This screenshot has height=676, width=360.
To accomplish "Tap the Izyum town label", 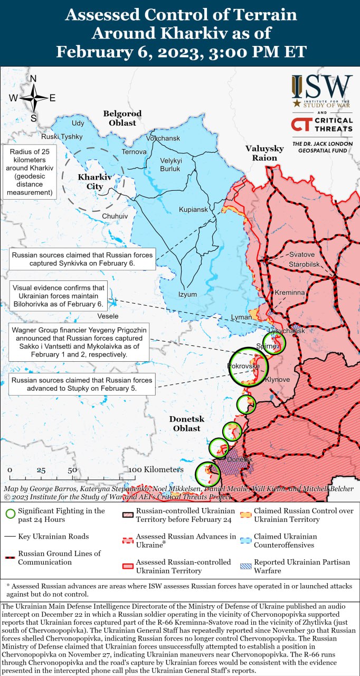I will pos(187,294).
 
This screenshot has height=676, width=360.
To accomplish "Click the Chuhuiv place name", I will pos(115,216).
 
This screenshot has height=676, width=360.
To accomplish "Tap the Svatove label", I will pos(301,255).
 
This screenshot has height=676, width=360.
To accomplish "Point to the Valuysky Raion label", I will pos(264,153).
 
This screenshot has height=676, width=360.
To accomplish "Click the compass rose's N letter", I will pos(33,79).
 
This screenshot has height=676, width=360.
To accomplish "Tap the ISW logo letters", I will pos(322,85).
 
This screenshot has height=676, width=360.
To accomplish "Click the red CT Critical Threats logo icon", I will pos(300,125).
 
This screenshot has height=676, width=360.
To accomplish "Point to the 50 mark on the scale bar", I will pos(72,470).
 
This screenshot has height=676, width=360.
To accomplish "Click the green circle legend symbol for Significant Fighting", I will pos(10,513).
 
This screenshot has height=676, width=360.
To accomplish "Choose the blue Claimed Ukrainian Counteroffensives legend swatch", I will pos(245,540).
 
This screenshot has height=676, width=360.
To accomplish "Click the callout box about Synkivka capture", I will pos(82,259).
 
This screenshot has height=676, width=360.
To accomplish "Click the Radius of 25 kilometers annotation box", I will pos(30,172).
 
